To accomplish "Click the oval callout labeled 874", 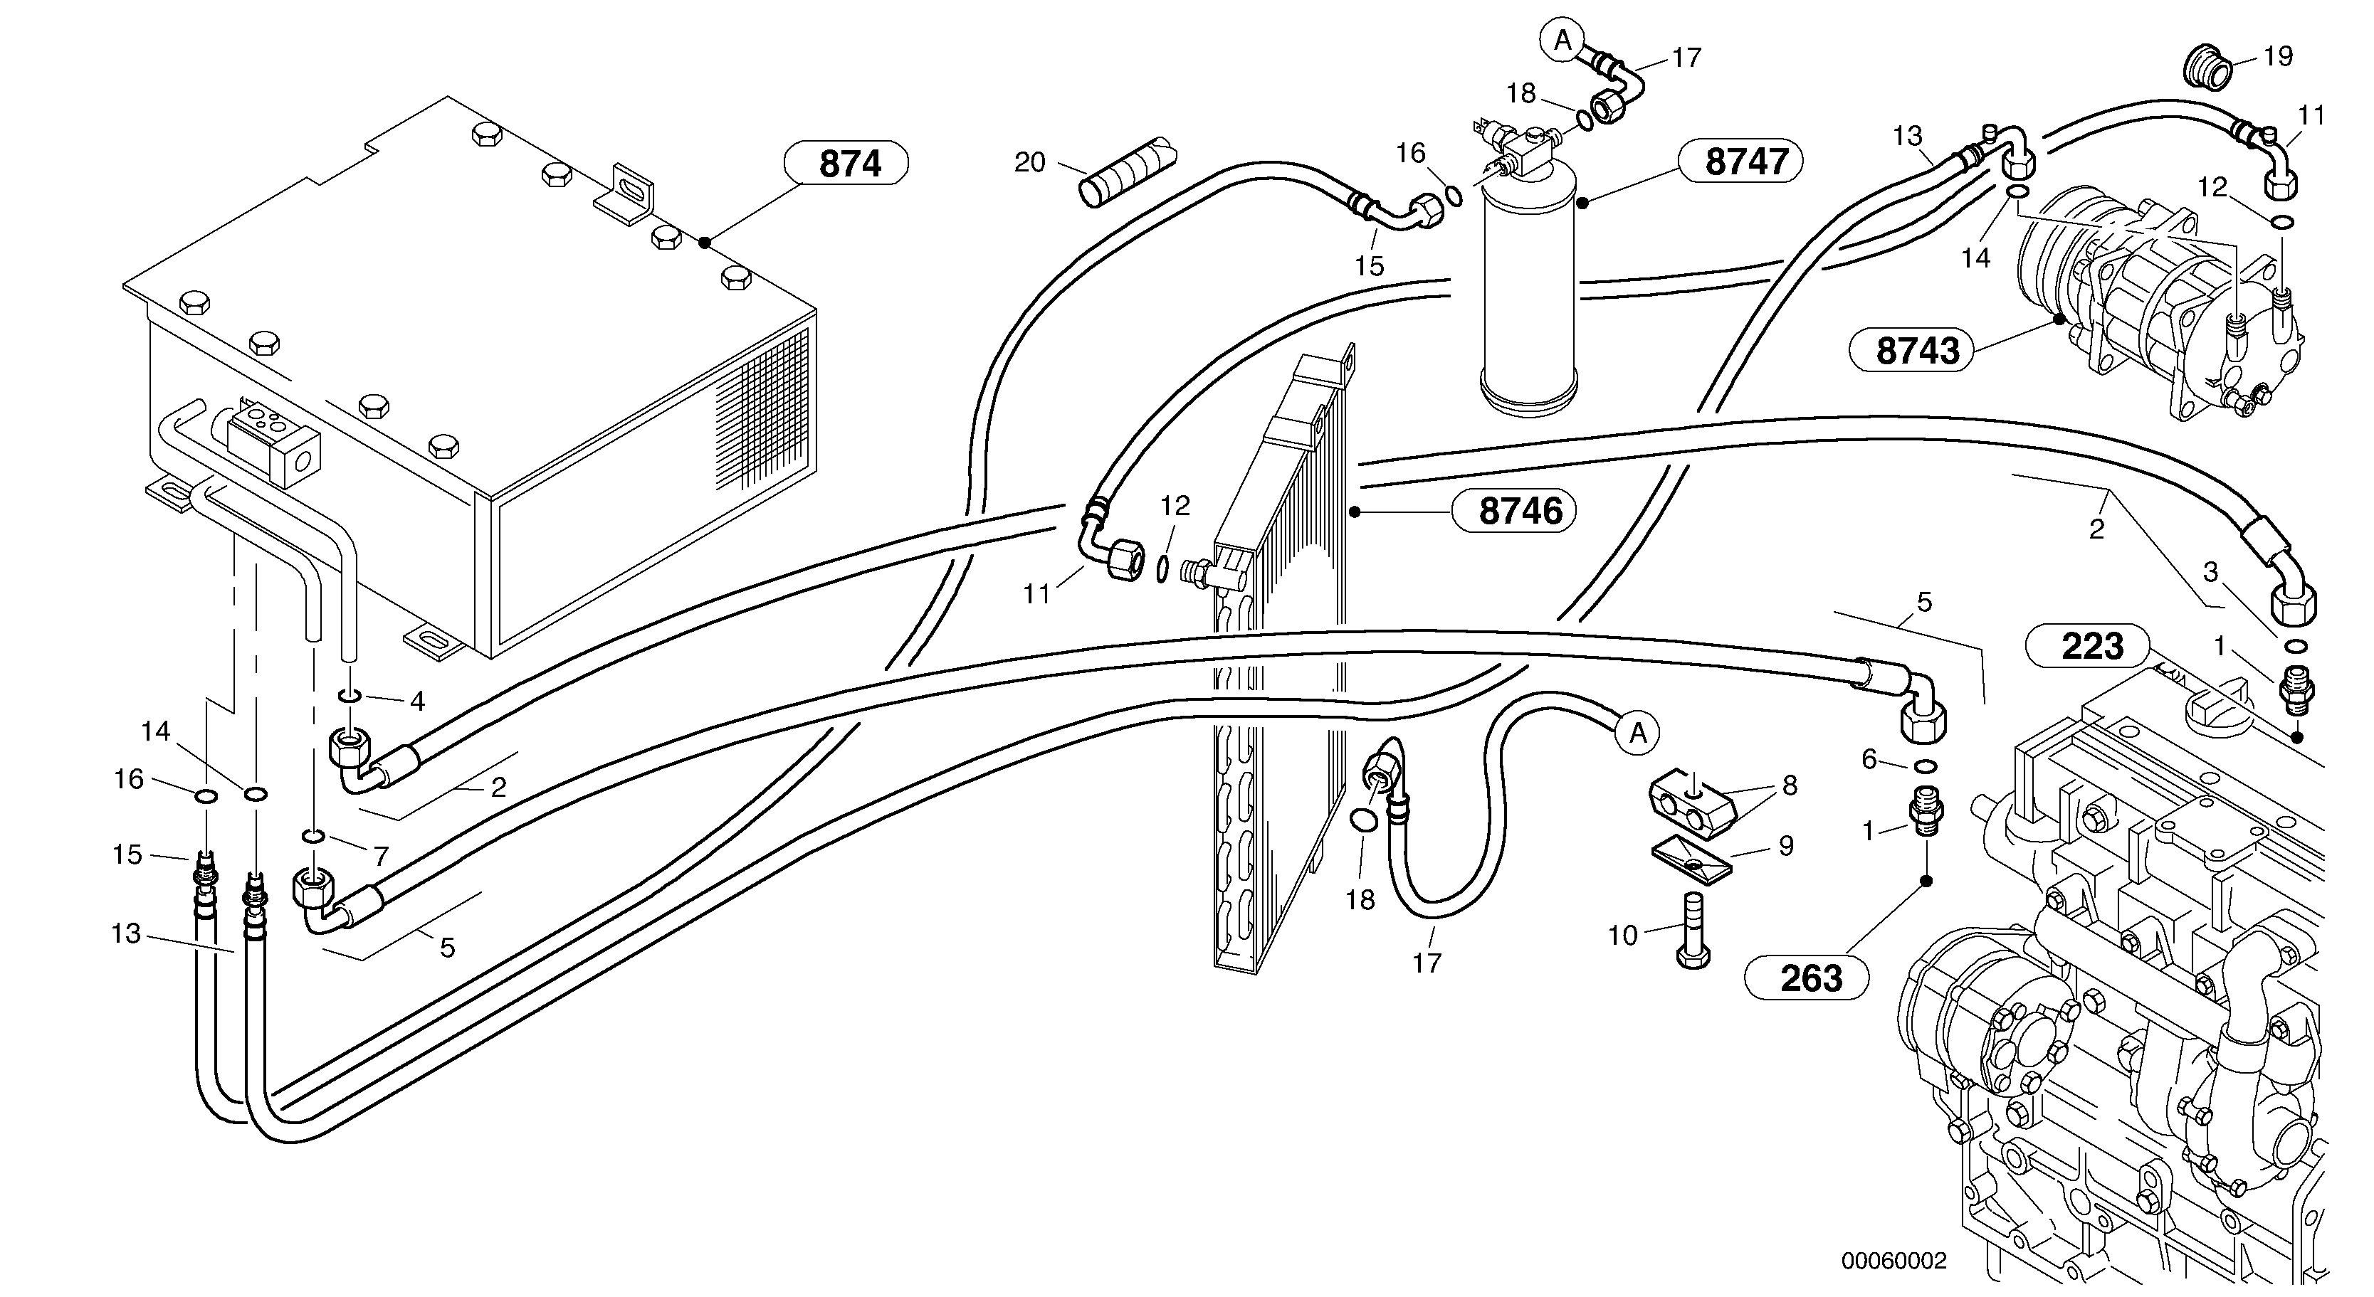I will pos(846,164).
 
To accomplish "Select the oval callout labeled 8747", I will pos(1740,162).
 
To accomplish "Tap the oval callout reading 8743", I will pos(1911,351).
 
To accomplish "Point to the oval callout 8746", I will pos(1513,512).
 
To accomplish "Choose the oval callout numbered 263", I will pos(1807,978).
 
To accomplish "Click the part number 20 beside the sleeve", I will pos(1029,163).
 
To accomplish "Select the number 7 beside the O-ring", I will pos(381,856).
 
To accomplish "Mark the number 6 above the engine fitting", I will pos(1869,759).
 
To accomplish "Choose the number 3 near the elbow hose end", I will pos(2210,572).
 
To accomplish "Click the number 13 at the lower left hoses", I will pos(125,934).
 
